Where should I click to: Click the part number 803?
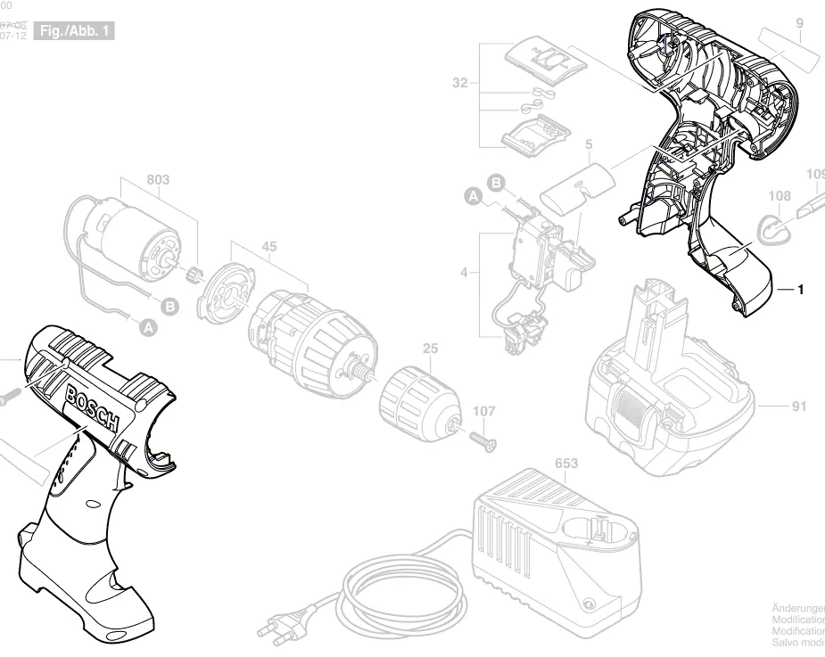tap(158, 180)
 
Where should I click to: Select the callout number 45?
tap(268, 247)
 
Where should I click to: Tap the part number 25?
tap(430, 349)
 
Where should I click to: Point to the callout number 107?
tap(483, 412)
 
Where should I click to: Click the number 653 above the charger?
tap(566, 464)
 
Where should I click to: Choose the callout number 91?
tap(798, 407)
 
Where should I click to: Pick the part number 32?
tap(460, 83)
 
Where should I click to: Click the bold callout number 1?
tap(800, 290)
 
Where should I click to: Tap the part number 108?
tap(779, 194)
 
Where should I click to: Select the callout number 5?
tap(589, 144)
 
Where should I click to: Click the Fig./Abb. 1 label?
tap(75, 31)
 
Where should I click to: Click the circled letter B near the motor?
tap(170, 306)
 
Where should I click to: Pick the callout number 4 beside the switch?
tap(464, 272)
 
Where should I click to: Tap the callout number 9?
tap(799, 22)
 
